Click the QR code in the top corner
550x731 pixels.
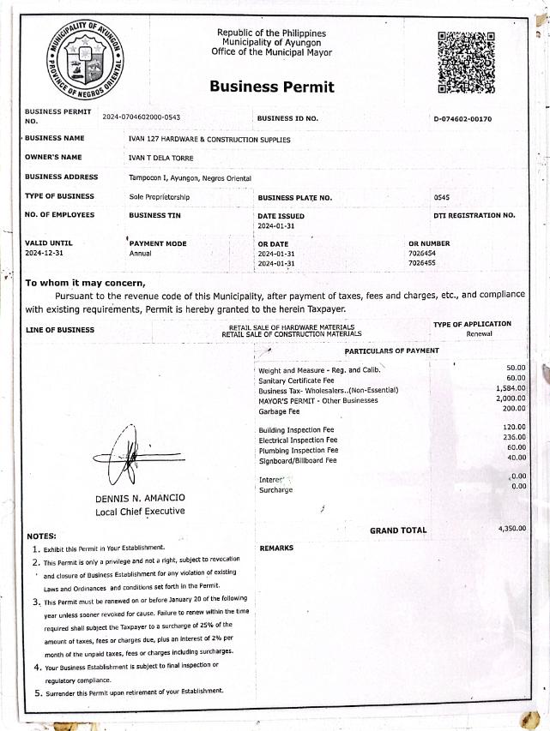click(x=467, y=62)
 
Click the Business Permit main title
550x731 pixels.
click(x=272, y=87)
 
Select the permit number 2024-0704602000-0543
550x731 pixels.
click(x=142, y=117)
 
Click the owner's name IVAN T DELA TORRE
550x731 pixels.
click(x=160, y=158)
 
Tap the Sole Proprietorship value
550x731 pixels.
click(x=160, y=197)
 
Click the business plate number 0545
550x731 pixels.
click(x=442, y=198)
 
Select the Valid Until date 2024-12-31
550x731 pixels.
click(x=44, y=254)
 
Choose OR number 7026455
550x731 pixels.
click(x=422, y=263)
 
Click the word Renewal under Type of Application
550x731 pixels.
click(x=479, y=333)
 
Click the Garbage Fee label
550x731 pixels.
click(x=279, y=411)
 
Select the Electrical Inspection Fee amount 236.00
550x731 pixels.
click(x=514, y=437)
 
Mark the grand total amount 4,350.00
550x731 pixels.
click(x=511, y=529)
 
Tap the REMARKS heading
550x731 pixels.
click(x=276, y=548)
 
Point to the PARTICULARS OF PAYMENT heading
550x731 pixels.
click(x=391, y=351)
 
